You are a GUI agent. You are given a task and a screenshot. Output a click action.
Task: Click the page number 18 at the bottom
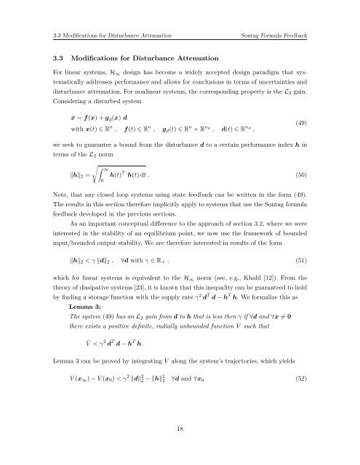[180, 450]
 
